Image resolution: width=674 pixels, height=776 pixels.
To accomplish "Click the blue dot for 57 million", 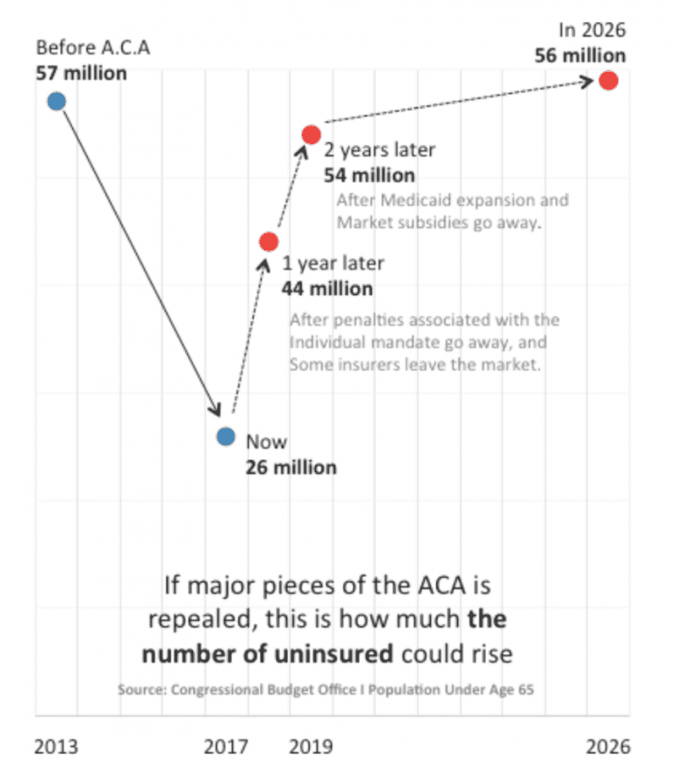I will [56, 101].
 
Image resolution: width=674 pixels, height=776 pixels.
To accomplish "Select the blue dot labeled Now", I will [226, 436].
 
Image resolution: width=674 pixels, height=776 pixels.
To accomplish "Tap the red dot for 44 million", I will [269, 241].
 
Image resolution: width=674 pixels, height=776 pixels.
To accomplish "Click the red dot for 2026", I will [608, 81].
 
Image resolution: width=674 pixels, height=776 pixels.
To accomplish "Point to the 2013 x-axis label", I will [56, 747].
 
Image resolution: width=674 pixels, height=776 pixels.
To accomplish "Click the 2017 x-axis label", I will [226, 747].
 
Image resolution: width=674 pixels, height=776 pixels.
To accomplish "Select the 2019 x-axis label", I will [311, 747].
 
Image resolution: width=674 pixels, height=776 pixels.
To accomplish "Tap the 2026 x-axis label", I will [608, 747].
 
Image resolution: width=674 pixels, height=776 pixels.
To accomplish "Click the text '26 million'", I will [290, 467].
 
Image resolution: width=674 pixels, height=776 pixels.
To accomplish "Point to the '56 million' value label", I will [580, 56].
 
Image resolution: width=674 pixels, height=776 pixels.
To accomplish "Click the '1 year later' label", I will [333, 263].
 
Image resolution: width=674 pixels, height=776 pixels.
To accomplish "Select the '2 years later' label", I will [379, 151].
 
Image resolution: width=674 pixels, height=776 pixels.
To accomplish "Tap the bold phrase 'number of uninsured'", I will [269, 654].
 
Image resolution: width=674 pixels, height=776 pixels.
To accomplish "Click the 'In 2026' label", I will [592, 31].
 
